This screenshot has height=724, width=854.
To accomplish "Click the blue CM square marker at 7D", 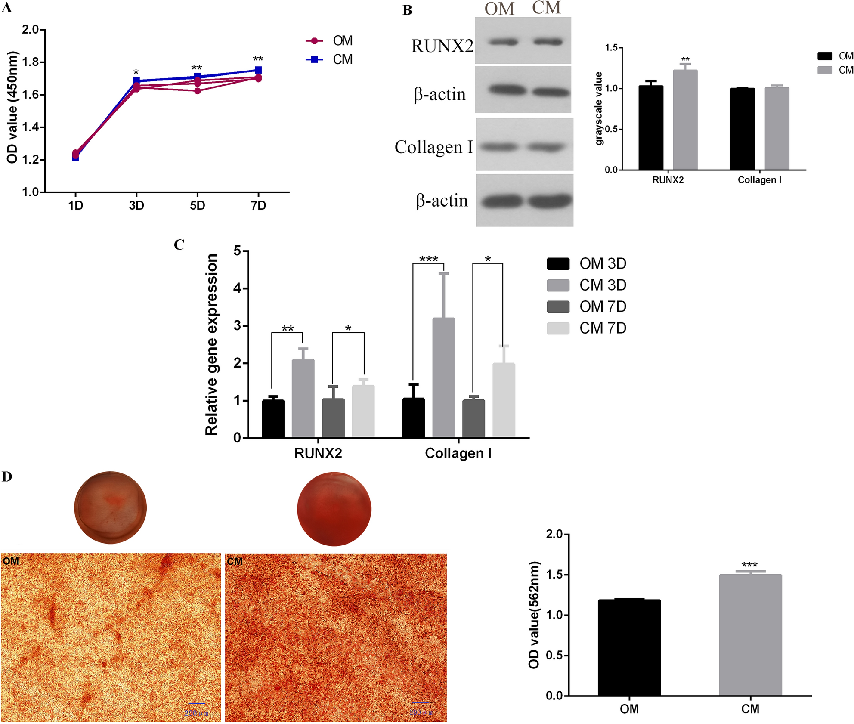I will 258,70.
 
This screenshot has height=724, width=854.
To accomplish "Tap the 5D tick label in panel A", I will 198,206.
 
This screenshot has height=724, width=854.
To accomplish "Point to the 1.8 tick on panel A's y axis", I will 31,62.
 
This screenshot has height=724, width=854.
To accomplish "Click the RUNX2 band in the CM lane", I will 548,42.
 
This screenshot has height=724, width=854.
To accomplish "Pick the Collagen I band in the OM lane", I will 499,147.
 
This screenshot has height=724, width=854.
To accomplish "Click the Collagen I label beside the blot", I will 434,147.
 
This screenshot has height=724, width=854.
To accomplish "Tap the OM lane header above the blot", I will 499,9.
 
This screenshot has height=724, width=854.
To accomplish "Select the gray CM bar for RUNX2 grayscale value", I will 685,121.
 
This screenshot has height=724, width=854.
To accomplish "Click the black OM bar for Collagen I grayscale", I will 742,129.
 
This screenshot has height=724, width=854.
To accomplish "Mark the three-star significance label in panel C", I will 428,259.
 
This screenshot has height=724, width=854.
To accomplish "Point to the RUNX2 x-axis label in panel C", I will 318,453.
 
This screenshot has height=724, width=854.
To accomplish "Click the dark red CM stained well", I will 334,509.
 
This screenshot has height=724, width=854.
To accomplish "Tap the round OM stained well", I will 111,507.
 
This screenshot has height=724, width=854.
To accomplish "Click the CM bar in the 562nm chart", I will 750,635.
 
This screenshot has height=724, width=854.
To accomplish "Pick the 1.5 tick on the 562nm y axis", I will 554,575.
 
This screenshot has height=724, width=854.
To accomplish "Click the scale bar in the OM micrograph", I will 197,703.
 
